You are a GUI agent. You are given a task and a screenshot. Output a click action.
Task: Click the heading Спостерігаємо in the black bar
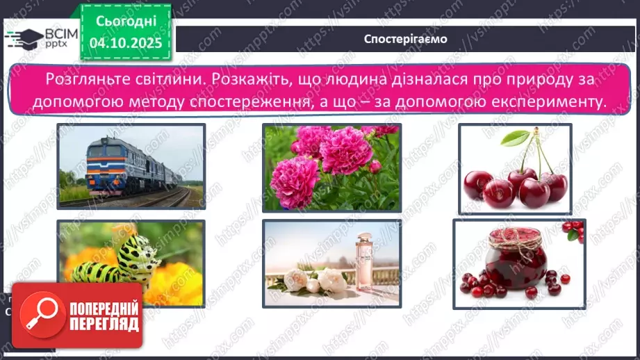coord(406,38)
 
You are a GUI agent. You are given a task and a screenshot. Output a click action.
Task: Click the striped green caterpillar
coord(125,257)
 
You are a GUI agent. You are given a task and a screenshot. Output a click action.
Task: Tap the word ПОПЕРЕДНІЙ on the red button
coord(105,306)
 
